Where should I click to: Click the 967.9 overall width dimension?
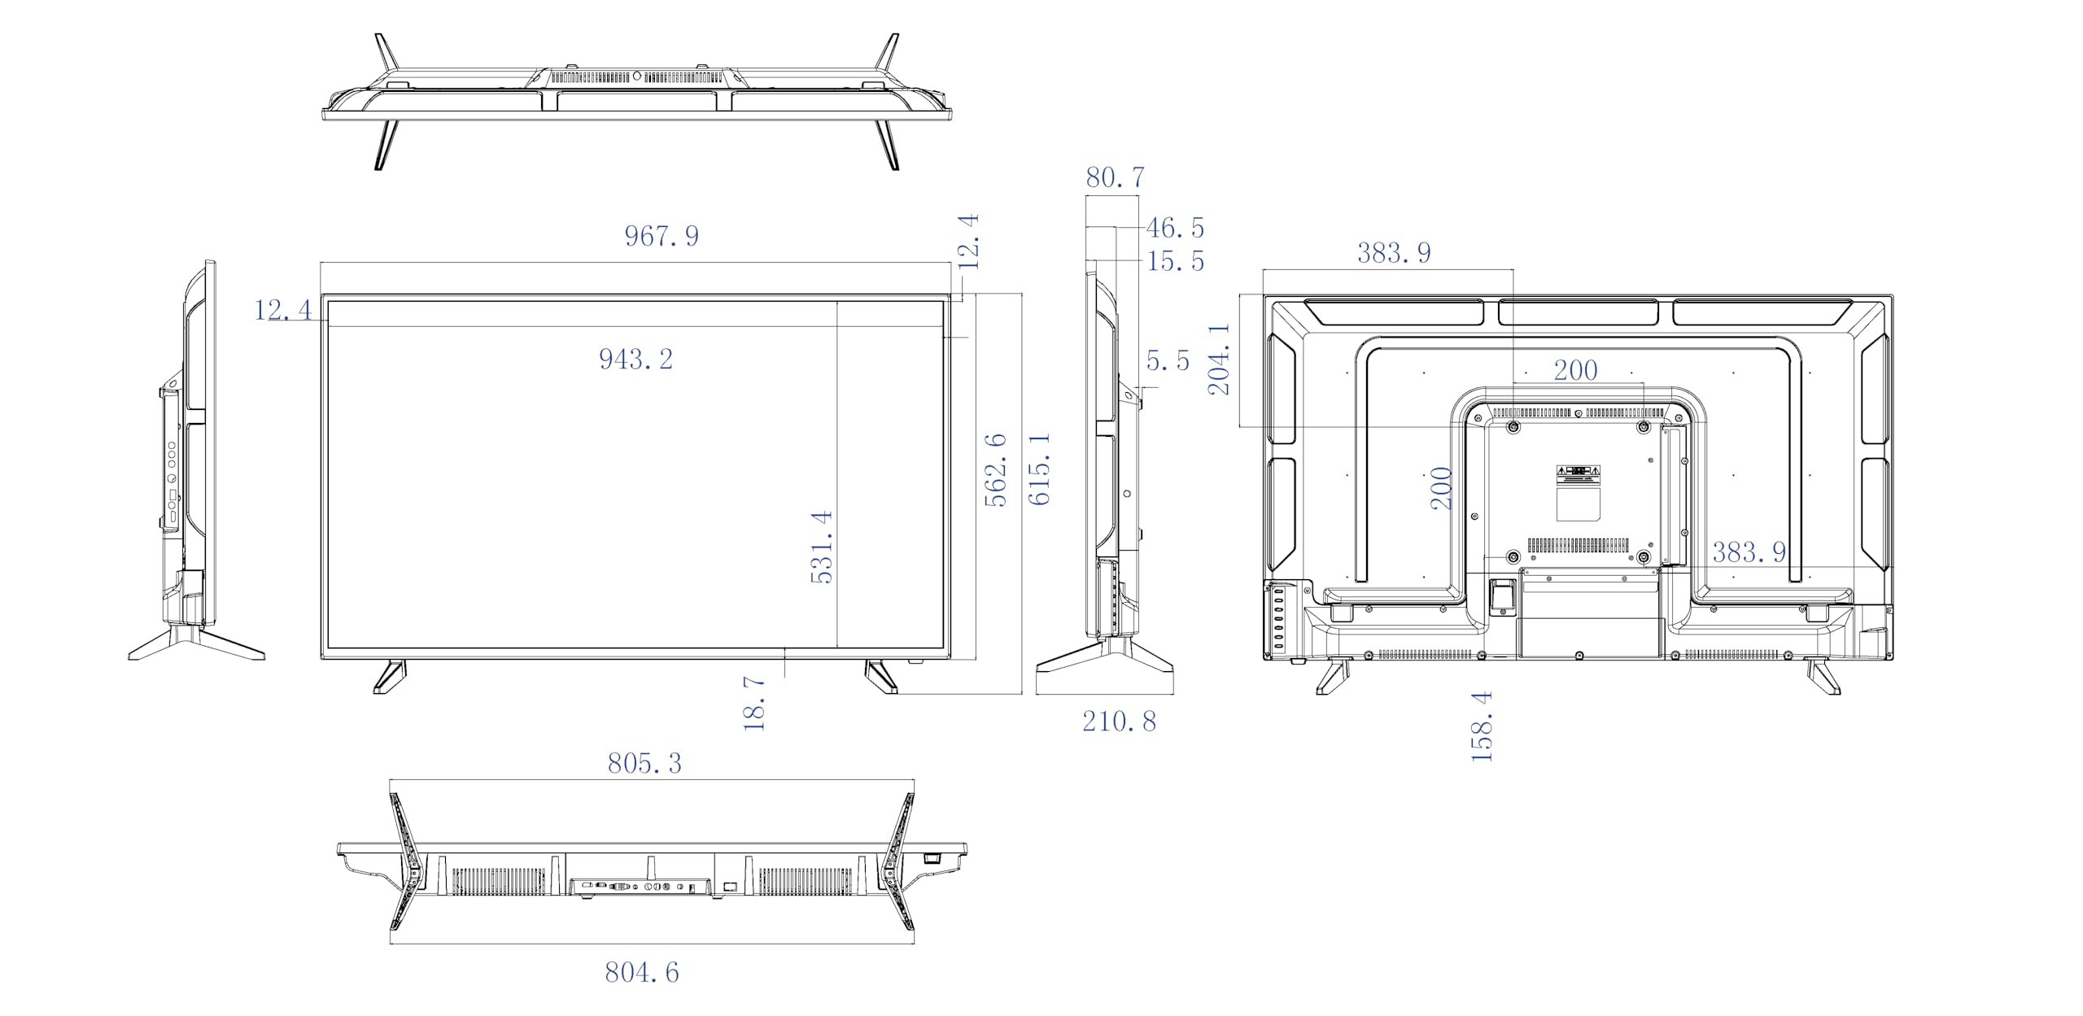coord(662,236)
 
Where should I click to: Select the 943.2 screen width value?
coord(636,360)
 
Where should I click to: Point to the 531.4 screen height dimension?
coord(822,547)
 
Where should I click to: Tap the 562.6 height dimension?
coord(995,470)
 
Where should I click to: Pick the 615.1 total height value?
coord(1039,469)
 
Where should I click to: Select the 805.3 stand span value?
coord(644,763)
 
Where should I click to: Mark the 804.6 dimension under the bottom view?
coord(642,972)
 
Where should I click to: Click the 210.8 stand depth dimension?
coord(1119,722)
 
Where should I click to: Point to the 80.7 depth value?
coord(1115,177)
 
